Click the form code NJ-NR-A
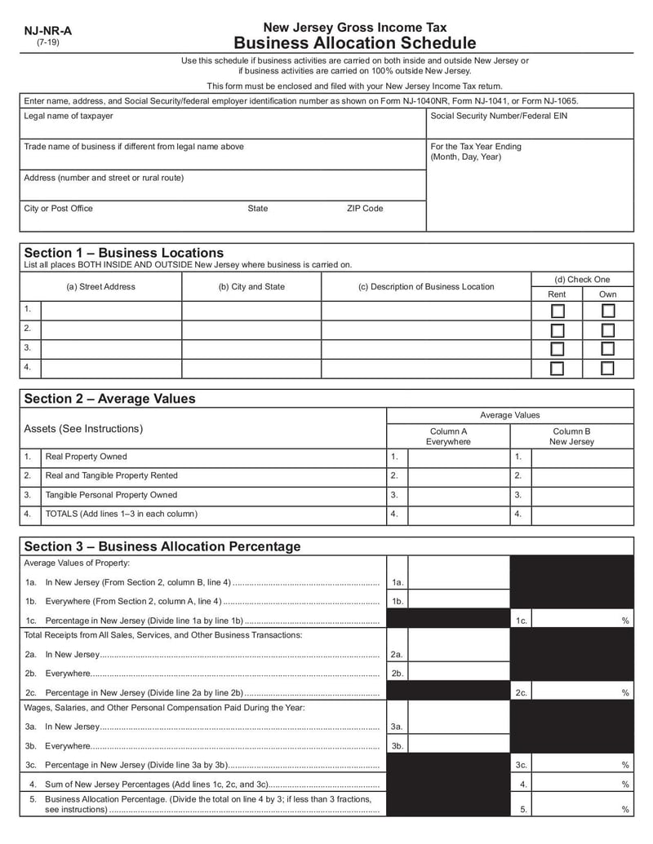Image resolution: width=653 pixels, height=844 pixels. (47, 31)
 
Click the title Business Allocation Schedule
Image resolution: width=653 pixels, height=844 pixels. (354, 43)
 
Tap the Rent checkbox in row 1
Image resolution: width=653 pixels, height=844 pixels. (557, 311)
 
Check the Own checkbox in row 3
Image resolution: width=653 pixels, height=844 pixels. (607, 348)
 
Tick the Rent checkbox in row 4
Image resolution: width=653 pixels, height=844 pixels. (557, 368)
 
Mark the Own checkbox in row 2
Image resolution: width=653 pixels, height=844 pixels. (607, 329)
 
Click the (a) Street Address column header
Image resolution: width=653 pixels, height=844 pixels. (100, 286)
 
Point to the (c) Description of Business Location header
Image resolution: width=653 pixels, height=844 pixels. (426, 286)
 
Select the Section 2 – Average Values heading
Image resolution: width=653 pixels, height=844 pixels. (109, 399)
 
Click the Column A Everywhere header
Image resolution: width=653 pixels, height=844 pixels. (448, 436)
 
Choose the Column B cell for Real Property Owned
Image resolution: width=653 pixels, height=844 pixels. (582, 457)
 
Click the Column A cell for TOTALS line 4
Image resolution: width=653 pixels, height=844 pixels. (458, 515)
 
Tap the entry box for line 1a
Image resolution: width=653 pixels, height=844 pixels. (458, 582)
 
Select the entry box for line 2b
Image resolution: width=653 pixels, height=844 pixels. (458, 674)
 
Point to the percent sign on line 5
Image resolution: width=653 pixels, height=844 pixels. (625, 810)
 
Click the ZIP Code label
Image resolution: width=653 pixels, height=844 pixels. (364, 209)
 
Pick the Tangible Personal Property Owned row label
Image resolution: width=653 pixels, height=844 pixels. (111, 495)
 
